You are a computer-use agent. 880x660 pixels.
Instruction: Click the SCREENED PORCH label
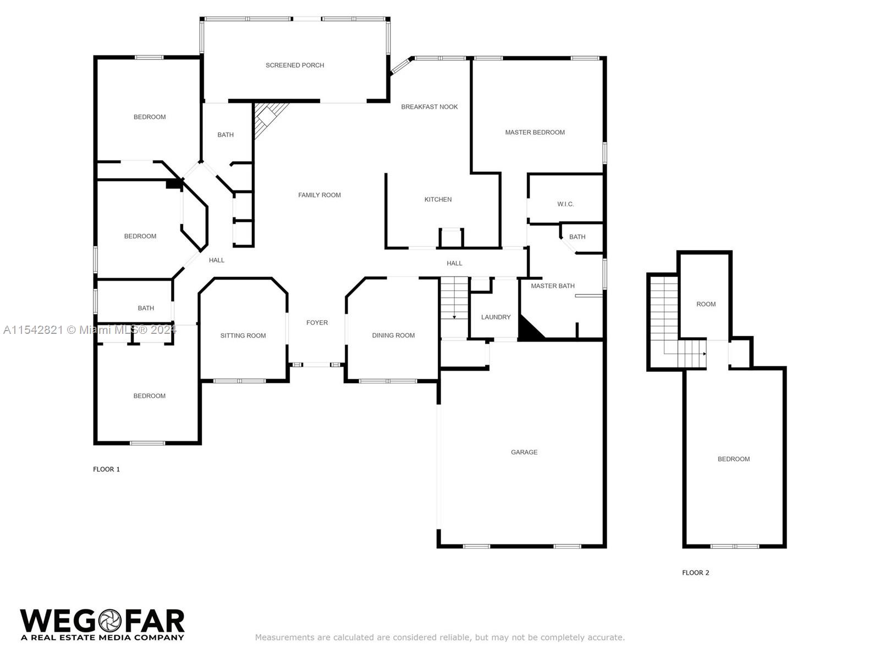(295, 65)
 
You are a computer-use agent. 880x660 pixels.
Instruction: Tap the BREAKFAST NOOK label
(430, 107)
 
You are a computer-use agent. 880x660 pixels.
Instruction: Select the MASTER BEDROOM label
(535, 133)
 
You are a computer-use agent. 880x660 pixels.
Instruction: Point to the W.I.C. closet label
(565, 205)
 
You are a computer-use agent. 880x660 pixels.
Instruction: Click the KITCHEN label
(438, 200)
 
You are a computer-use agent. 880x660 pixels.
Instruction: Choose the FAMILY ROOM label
(319, 195)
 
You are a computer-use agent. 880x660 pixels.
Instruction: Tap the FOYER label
(317, 323)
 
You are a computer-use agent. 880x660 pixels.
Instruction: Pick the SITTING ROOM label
(243, 336)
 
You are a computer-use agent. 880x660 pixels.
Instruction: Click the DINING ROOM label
(393, 335)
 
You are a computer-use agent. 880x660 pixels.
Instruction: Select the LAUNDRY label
(496, 317)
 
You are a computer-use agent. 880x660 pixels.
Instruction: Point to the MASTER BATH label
(552, 286)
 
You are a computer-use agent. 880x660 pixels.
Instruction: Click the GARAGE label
(524, 453)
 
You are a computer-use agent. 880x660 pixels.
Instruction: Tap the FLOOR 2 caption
(696, 573)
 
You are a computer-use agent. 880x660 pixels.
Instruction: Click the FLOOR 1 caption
(106, 469)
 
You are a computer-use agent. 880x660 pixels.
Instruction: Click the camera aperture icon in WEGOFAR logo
(110, 621)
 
